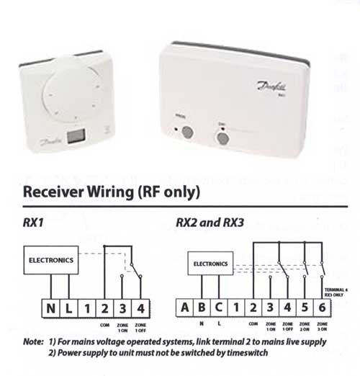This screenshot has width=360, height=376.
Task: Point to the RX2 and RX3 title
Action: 210,223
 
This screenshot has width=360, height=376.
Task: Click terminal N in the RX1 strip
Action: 51,308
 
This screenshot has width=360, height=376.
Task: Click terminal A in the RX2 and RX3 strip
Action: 185,308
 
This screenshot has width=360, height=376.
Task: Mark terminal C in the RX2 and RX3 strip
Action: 219,308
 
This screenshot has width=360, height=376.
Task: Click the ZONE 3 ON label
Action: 320,327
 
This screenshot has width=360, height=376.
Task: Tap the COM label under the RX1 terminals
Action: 106,324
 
